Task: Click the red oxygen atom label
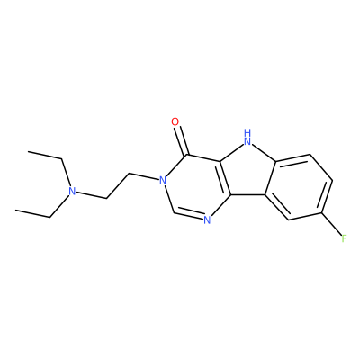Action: (175, 121)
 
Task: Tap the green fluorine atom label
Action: (344, 238)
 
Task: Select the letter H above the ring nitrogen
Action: (247, 132)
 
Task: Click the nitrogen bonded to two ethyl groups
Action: (71, 191)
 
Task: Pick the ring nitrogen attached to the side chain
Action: (162, 180)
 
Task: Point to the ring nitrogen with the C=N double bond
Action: (207, 220)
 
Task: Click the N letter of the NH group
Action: (247, 140)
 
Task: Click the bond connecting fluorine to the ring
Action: (331, 224)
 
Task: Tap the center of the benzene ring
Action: (299, 187)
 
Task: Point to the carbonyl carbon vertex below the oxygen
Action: (188, 155)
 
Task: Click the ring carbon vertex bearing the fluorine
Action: (321, 213)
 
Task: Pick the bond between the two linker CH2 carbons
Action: (118, 185)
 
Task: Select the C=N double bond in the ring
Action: (188, 217)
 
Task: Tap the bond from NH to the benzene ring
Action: (264, 154)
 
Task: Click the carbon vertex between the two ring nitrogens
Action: (174, 212)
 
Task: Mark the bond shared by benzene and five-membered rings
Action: (271, 179)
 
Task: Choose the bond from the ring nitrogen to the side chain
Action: (144, 176)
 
